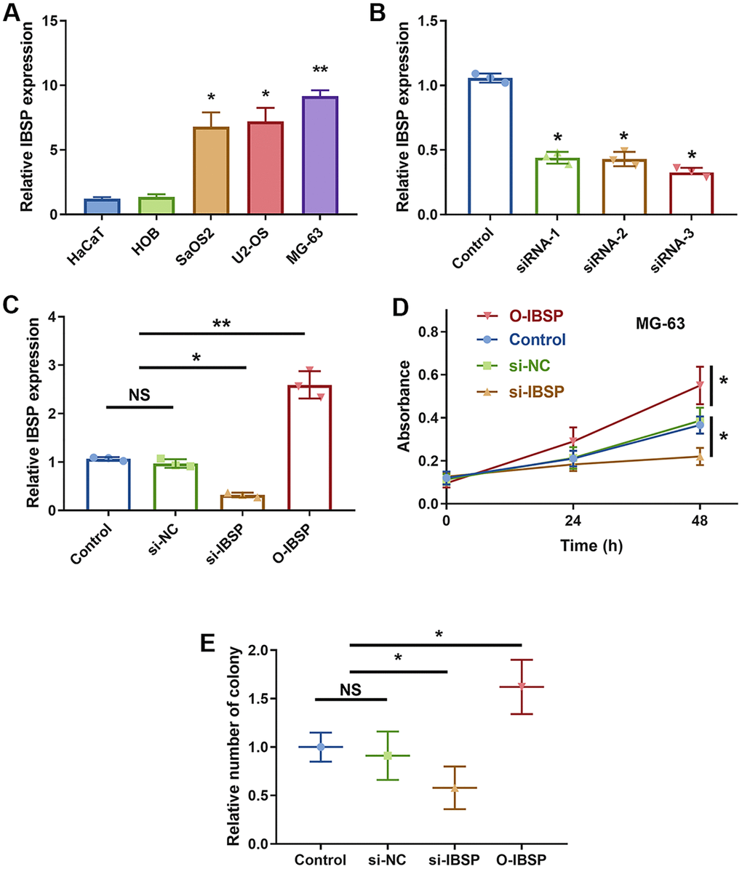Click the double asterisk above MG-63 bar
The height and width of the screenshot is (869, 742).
pos(319,71)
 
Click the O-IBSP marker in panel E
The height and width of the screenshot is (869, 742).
pos(522,686)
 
